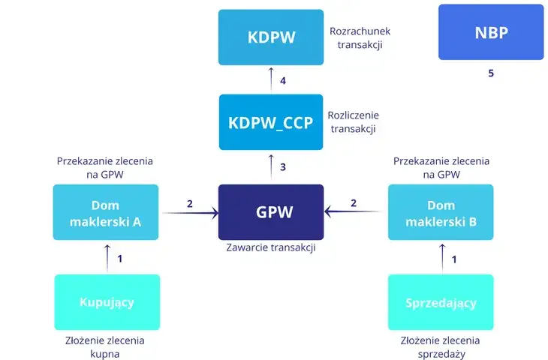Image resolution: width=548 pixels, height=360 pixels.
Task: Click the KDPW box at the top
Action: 271,37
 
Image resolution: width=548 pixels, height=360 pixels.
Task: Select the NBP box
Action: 491,32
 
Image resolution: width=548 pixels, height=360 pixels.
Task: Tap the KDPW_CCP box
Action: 271,121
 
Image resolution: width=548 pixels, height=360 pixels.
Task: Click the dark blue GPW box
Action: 271,212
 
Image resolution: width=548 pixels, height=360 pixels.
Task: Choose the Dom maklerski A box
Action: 106,212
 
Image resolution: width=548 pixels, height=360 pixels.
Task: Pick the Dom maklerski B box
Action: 441,212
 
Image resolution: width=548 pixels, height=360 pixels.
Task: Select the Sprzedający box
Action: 441,302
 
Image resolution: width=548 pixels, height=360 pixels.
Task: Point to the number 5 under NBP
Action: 491,73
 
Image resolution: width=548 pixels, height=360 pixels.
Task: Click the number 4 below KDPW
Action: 282,80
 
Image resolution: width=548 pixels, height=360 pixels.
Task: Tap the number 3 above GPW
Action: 282,167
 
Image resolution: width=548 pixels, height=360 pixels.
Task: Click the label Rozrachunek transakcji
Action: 360,38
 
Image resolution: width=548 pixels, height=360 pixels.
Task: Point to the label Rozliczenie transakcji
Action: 354,122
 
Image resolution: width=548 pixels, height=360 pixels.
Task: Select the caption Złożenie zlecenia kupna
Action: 106,346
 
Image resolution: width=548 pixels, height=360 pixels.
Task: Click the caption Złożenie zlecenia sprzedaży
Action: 441,346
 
